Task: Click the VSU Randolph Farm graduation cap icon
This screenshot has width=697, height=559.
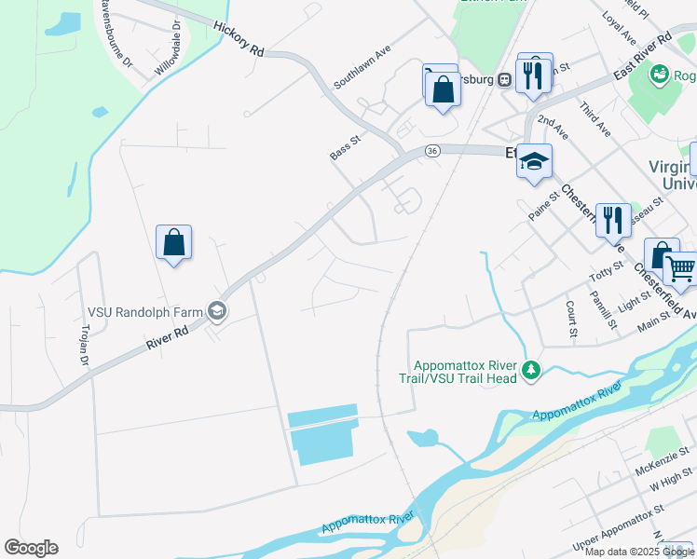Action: pos(217,311)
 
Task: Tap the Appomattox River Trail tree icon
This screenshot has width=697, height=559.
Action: pos(531,371)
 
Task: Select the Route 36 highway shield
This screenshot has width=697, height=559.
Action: pos(431,151)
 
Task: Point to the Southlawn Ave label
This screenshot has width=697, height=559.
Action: pos(361,66)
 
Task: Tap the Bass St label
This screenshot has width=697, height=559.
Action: pos(344,145)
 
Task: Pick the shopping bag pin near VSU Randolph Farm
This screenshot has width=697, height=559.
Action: pos(174,243)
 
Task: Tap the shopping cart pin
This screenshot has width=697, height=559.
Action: pos(680,270)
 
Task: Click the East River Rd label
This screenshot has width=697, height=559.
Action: pos(644,59)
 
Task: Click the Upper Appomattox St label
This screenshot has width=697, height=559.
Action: pos(617,531)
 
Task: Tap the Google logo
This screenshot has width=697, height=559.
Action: pos(31,548)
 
